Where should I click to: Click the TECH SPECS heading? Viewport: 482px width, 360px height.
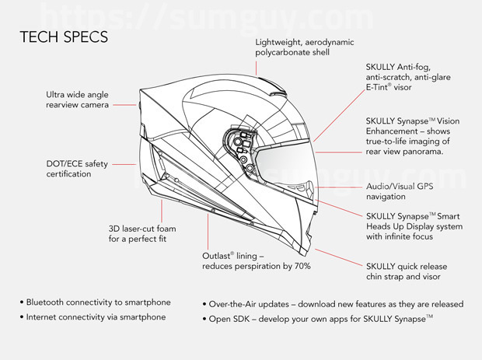[x=64, y=37]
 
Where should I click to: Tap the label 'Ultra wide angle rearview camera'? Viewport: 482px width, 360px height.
[x=77, y=100]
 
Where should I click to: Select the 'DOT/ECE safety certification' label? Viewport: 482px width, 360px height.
[x=77, y=169]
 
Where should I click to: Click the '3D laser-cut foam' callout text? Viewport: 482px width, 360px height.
[x=142, y=229]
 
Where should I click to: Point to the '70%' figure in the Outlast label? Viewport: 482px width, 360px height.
[x=302, y=266]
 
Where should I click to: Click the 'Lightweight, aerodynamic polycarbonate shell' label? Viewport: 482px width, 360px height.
[x=304, y=47]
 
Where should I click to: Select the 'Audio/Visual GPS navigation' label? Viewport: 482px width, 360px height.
[x=400, y=191]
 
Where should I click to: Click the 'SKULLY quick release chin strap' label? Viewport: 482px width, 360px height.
[x=407, y=271]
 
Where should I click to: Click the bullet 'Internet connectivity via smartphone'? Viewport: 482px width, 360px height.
[x=96, y=317]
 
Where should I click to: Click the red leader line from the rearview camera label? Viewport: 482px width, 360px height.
[x=124, y=105]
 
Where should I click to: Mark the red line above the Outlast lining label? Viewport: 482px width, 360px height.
[x=208, y=232]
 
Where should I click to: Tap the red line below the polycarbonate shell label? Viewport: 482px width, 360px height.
[x=256, y=68]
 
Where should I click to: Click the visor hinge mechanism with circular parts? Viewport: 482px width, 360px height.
[x=241, y=151]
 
